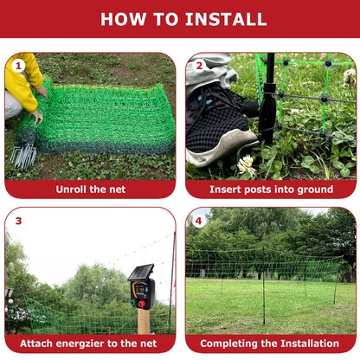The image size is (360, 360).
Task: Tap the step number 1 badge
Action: [17, 66]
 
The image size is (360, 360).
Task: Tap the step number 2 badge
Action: [198, 66]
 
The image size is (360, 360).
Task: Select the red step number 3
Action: [17, 220]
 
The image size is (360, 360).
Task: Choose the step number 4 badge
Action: [198, 220]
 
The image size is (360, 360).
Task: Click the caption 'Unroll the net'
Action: [90, 189]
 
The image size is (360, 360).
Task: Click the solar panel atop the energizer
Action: [140, 272]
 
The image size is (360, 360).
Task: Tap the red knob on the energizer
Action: [142, 304]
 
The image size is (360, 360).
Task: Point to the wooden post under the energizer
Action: [143, 322]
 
